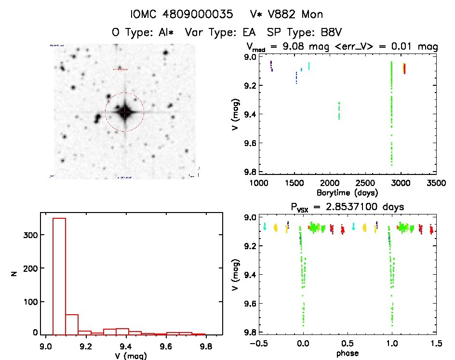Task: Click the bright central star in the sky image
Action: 125,112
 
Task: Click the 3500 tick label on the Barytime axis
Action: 437,183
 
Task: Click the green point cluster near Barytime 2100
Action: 339,110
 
